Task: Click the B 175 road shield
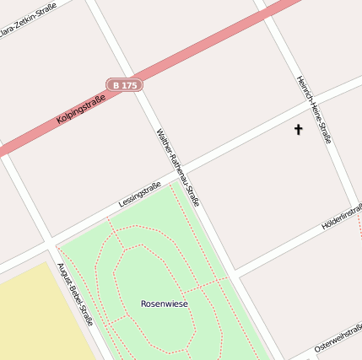124,85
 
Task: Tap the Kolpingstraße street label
81,110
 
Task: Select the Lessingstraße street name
140,196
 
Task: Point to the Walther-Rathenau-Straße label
178,168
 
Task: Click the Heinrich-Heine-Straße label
313,110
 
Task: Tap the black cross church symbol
298,129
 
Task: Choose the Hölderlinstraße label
342,217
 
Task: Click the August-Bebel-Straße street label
75,294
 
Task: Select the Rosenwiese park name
165,304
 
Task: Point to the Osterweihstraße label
338,340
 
